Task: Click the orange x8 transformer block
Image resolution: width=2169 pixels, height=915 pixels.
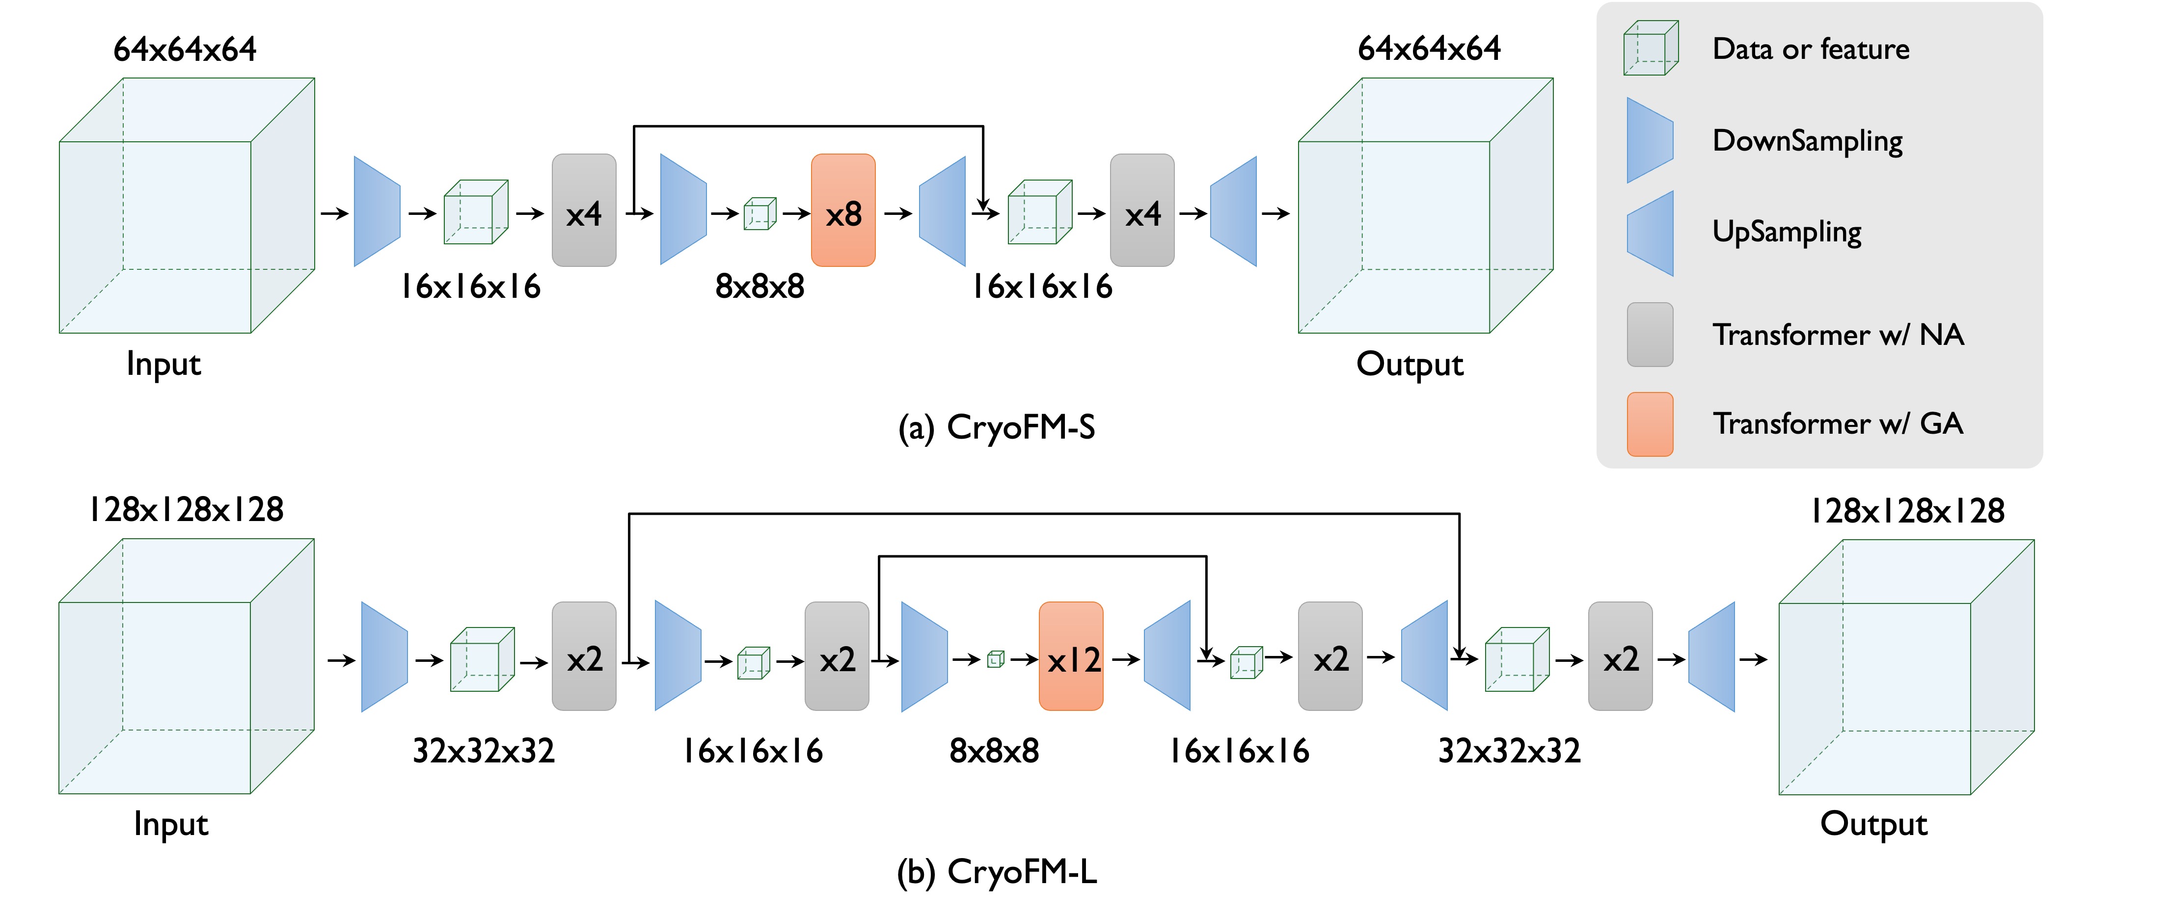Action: [x=843, y=210]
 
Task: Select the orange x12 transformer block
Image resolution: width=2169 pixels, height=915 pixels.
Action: [x=1071, y=656]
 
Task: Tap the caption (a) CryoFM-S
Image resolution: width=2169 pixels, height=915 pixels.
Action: [x=997, y=428]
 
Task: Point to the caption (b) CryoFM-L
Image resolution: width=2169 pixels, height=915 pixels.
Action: [x=997, y=872]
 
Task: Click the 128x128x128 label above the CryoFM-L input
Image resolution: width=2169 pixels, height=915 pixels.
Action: [x=186, y=509]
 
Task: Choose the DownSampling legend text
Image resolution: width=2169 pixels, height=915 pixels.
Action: [x=1807, y=141]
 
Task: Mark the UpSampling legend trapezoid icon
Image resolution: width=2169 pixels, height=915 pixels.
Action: [x=1651, y=233]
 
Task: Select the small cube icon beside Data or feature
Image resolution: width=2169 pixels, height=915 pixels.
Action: [x=1651, y=48]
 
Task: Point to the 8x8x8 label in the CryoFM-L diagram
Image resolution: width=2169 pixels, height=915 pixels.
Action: [x=994, y=751]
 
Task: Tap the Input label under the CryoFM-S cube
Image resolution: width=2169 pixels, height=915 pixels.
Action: [x=163, y=364]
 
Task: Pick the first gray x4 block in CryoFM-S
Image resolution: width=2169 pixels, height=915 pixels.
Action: [x=584, y=210]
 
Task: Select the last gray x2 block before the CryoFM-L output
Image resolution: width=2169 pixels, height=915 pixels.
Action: [x=1620, y=656]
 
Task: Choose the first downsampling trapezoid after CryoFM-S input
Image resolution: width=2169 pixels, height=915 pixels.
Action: [x=377, y=211]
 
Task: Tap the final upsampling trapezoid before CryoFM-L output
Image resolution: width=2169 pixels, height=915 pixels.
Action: [x=1712, y=656]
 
